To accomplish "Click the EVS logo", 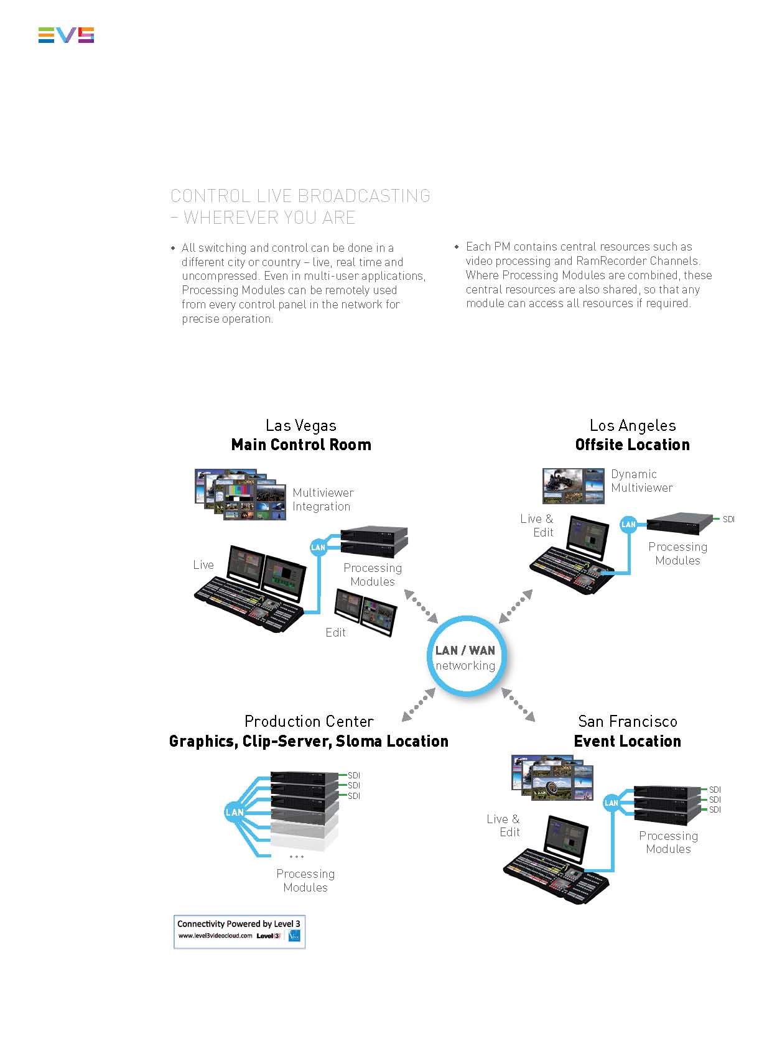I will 66,35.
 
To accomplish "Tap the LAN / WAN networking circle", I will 466,657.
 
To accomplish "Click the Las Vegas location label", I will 301,426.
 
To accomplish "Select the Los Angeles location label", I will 633,426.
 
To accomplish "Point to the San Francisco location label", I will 628,722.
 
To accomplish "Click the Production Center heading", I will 309,722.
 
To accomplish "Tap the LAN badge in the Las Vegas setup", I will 318,548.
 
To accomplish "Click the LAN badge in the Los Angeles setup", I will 628,525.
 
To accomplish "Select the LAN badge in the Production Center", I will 234,812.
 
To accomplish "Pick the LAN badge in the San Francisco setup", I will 612,803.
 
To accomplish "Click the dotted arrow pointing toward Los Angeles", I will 516,606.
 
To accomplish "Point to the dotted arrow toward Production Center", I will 418,705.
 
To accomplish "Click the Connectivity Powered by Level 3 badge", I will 240,931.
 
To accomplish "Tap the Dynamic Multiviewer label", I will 641,481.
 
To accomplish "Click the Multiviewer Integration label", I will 323,500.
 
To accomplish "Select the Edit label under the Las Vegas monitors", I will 335,633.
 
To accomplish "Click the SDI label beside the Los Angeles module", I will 728,519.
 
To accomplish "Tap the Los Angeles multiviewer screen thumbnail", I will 573,486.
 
